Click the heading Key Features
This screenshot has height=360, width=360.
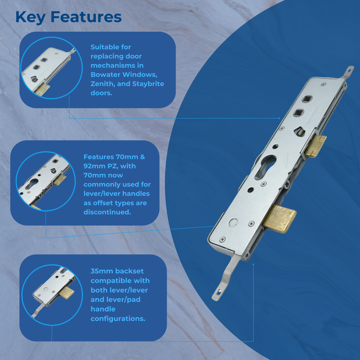point(68,17)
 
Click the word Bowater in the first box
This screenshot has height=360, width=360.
point(104,74)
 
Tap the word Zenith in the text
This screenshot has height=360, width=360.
point(102,84)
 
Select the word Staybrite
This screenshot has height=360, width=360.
point(147,84)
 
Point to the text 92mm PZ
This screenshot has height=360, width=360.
point(98,166)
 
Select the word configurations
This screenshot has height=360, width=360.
point(117,319)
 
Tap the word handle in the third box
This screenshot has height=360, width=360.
point(103,309)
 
